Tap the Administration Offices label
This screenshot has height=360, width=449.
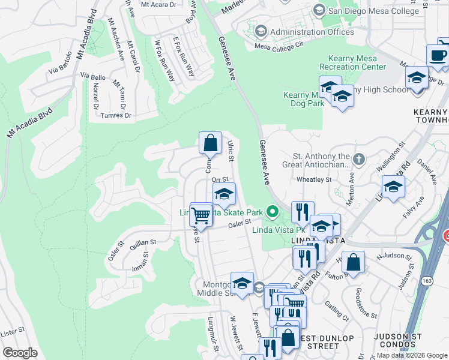coord(312,32)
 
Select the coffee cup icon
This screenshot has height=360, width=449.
coord(438,56)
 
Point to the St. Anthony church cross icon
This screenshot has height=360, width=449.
coord(359,159)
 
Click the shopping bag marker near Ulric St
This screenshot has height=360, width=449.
coord(210,143)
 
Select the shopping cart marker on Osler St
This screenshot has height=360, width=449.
coord(201,214)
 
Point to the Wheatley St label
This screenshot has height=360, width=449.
coord(314,179)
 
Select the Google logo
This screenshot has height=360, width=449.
coord(20,353)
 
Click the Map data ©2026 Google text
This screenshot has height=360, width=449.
coord(411,355)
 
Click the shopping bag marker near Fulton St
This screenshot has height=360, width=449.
coord(354,262)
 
